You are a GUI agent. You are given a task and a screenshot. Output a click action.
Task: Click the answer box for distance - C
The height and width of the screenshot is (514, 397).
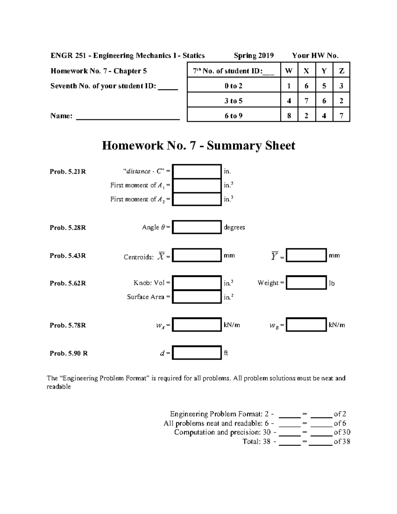tap(197, 171)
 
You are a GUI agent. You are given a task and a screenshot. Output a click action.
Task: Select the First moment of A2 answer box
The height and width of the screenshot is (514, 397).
tap(197, 199)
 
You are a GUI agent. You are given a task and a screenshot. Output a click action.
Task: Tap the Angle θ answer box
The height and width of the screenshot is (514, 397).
tap(197, 227)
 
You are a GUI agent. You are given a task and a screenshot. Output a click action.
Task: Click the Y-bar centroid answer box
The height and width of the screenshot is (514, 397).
tap(306, 256)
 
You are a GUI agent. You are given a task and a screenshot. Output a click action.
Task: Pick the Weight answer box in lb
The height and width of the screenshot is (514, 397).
tap(306, 283)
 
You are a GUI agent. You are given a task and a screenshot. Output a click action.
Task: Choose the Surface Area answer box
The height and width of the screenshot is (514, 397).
tap(197, 297)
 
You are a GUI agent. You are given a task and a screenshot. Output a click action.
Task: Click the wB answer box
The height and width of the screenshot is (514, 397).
tap(306, 325)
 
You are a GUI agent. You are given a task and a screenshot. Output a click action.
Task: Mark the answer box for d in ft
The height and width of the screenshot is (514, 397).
tap(197, 353)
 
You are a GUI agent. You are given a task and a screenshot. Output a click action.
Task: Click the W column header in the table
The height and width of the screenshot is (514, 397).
tap(289, 71)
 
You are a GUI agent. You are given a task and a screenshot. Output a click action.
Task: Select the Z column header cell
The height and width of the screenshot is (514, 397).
tap(341, 71)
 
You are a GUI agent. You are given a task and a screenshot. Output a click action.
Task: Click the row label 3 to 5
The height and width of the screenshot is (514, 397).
tap(234, 101)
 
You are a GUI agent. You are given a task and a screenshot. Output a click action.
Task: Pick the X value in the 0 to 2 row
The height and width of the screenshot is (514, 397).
tap(306, 86)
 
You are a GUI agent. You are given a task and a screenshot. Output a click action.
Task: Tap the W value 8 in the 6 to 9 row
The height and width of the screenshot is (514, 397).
tap(289, 116)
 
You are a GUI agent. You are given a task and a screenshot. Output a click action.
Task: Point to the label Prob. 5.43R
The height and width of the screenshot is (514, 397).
tap(67, 256)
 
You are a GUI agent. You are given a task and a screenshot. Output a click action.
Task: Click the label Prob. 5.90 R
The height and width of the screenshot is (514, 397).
tap(68, 353)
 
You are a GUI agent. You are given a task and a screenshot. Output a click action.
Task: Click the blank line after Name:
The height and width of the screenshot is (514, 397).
tap(128, 117)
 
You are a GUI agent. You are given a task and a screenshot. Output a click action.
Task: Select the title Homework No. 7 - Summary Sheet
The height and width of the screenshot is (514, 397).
tap(198, 146)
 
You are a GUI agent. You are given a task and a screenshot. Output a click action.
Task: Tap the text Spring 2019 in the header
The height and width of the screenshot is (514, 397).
tap(254, 56)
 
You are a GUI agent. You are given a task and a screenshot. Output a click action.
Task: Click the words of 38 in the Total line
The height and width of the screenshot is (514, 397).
tap(342, 442)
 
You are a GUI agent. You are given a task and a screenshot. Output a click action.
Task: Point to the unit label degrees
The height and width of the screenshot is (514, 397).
tap(234, 227)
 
